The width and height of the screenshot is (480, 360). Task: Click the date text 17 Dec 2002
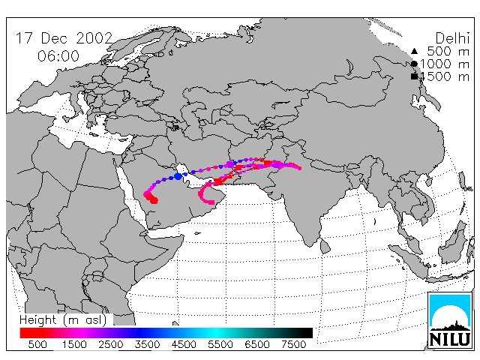[64, 38]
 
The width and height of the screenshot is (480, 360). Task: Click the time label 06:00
[58, 56]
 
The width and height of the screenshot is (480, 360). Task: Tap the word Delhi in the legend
[452, 38]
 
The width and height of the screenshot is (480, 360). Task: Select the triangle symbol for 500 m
[414, 51]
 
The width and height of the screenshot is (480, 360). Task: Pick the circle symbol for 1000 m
[414, 64]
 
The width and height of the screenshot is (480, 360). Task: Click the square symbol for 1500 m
[414, 76]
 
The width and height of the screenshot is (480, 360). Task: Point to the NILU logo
[450, 320]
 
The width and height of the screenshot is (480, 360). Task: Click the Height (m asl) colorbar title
[63, 320]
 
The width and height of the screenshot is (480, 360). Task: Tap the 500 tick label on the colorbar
[37, 344]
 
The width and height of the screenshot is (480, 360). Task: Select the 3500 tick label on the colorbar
[147, 344]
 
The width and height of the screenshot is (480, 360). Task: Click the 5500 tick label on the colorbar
[220, 344]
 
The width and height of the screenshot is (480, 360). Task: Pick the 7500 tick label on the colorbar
[293, 344]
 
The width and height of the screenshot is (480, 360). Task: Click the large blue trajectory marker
[178, 176]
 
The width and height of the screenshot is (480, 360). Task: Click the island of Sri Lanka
[325, 246]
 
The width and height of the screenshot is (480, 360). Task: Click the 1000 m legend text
[445, 64]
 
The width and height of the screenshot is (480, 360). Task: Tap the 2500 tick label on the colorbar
[110, 344]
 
